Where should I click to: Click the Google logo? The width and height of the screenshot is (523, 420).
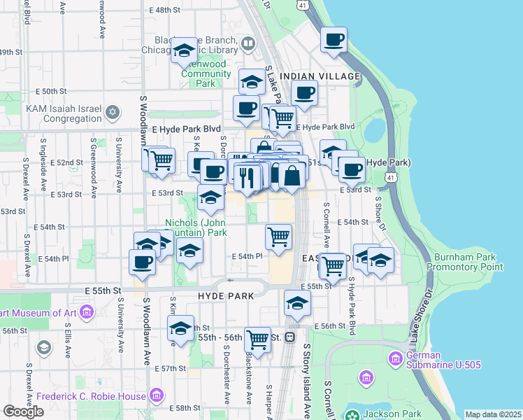tap(23, 411)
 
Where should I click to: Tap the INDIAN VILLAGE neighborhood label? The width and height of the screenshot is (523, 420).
tap(320, 76)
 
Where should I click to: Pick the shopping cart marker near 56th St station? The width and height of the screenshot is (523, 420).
tap(257, 339)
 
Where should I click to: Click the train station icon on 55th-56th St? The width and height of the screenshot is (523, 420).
tap(289, 337)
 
